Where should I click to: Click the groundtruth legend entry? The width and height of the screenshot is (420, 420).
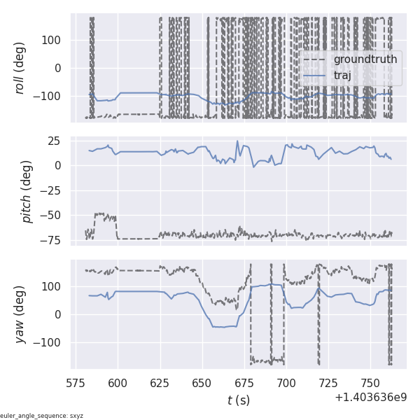pos(365,59)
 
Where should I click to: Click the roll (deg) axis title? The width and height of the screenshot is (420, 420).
pos(28,68)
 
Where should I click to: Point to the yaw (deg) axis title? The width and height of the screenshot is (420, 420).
pos(28,314)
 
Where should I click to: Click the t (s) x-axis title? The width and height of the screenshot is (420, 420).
pos(238,400)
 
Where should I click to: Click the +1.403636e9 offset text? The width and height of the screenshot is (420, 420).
pos(370,397)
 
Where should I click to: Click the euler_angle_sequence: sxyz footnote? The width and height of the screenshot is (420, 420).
pos(42,416)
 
